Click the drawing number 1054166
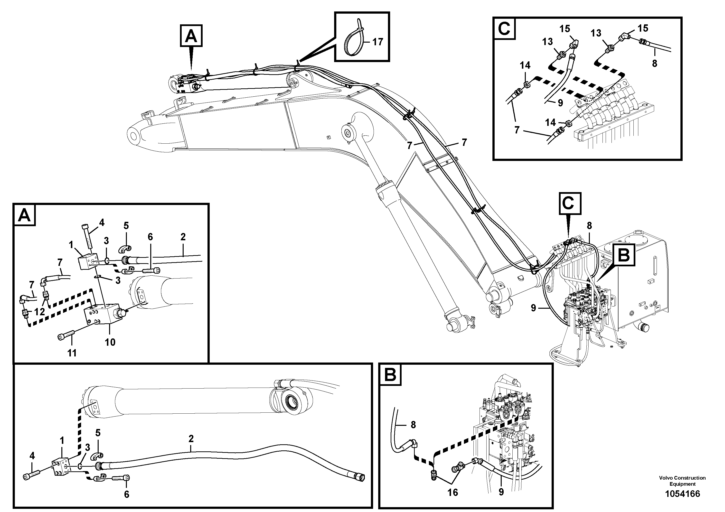[682, 494]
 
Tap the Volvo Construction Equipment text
[682, 481]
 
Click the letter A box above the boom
[191, 36]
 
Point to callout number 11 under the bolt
[72, 353]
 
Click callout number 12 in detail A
[39, 312]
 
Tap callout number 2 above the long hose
[191, 439]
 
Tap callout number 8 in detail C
[654, 64]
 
